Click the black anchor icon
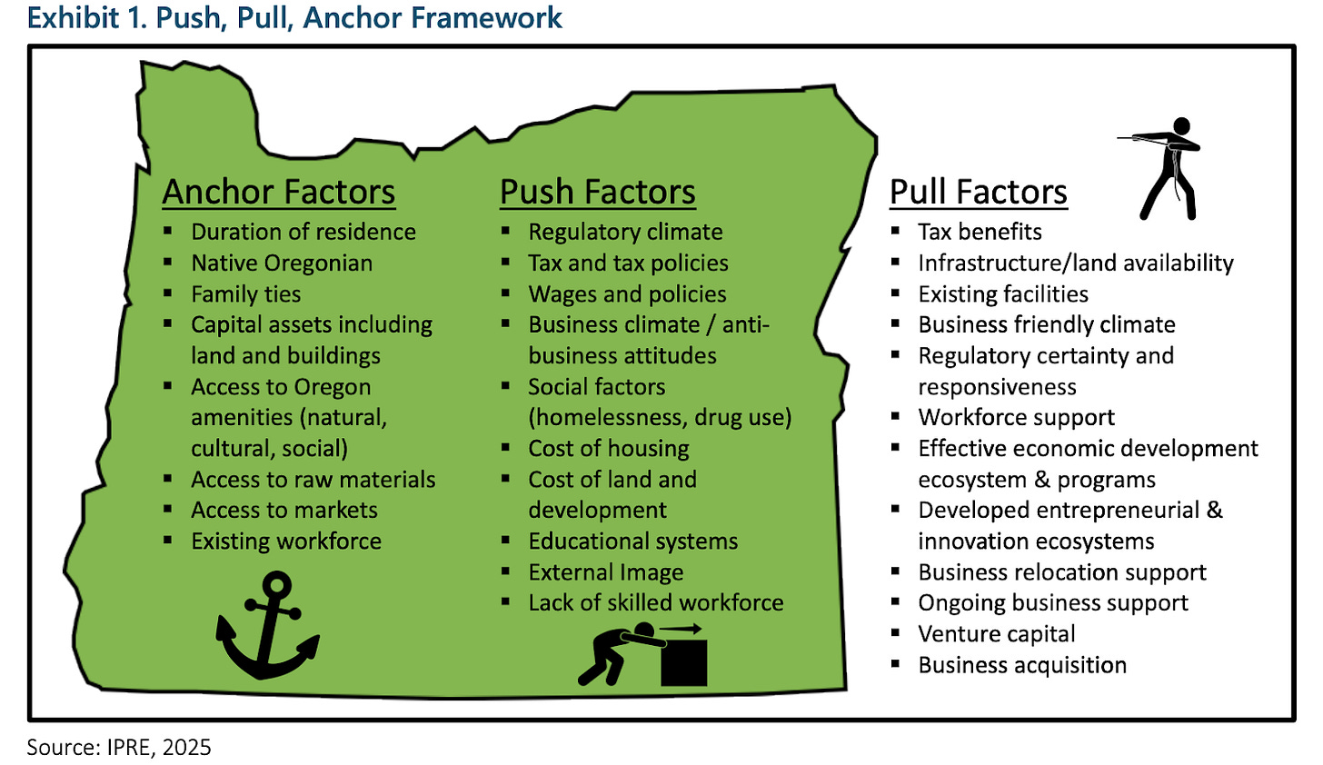[268, 626]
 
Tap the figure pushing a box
[643, 653]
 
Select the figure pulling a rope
[1162, 167]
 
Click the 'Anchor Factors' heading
[279, 193]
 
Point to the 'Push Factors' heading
[598, 193]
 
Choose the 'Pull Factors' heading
[979, 193]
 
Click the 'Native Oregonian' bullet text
[282, 263]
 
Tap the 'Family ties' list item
[245, 294]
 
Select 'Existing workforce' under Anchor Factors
[286, 541]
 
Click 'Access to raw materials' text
[313, 480]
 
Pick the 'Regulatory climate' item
[626, 233]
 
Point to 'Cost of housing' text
[609, 449]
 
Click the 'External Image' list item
[606, 572]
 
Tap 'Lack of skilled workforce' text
[656, 603]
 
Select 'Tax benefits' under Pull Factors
[980, 233]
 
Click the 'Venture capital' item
[997, 634]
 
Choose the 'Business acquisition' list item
[1022, 665]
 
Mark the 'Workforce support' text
[1017, 418]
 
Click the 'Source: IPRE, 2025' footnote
[119, 748]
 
